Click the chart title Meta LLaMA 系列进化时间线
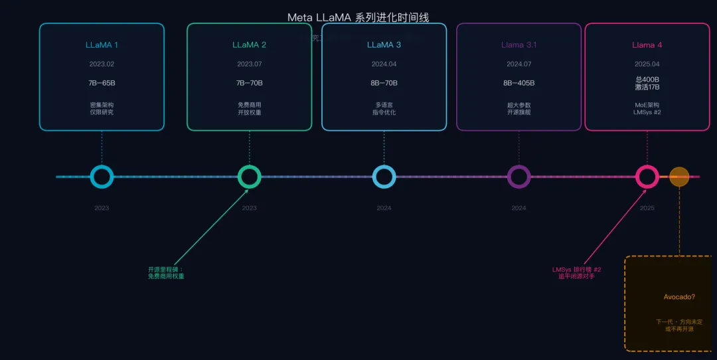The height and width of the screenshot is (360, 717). pyautogui.click(x=358, y=17)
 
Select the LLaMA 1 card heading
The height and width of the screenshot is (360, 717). pyautogui.click(x=102, y=45)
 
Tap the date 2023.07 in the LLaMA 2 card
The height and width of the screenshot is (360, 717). pyautogui.click(x=249, y=64)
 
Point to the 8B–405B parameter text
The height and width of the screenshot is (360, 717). pyautogui.click(x=518, y=83)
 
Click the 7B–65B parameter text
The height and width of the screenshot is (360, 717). pyautogui.click(x=102, y=83)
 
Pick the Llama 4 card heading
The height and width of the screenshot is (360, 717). pyautogui.click(x=647, y=45)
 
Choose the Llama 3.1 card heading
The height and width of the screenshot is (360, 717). pyautogui.click(x=518, y=45)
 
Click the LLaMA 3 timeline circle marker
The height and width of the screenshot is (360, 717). pyautogui.click(x=384, y=177)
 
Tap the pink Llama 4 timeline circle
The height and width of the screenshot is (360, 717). pyautogui.click(x=647, y=177)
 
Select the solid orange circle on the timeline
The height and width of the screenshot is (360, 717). pyautogui.click(x=679, y=177)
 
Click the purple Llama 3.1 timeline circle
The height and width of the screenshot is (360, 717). pyautogui.click(x=518, y=177)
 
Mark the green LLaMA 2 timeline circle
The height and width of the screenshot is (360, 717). pyautogui.click(x=249, y=177)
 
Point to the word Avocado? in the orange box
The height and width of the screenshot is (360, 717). pyautogui.click(x=679, y=297)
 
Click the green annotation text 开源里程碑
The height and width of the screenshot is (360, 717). pyautogui.click(x=165, y=270)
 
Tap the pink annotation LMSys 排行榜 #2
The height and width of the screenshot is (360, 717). pyautogui.click(x=576, y=270)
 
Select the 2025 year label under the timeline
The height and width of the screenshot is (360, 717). pyautogui.click(x=647, y=208)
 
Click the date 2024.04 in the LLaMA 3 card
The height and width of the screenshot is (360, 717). pyautogui.click(x=384, y=64)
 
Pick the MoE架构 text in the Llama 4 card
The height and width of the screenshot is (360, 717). pyautogui.click(x=647, y=105)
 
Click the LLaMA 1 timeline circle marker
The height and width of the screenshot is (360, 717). pyautogui.click(x=102, y=177)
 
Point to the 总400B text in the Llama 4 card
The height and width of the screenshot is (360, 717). pyautogui.click(x=647, y=80)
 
